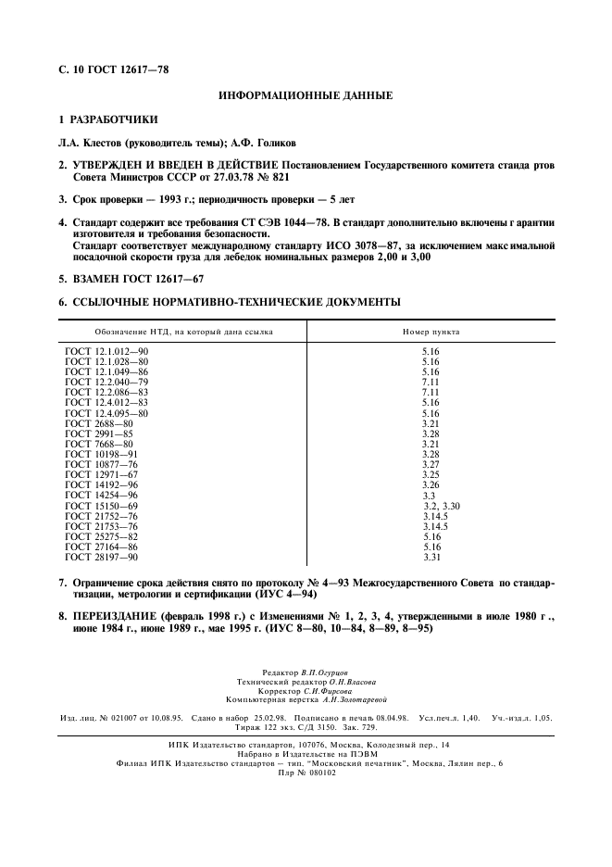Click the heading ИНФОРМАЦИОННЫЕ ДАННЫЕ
[305, 95]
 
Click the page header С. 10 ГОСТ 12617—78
[113, 69]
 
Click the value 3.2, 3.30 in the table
[442, 507]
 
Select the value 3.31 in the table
[431, 557]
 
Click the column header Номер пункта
[431, 332]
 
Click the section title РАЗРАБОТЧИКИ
[114, 119]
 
